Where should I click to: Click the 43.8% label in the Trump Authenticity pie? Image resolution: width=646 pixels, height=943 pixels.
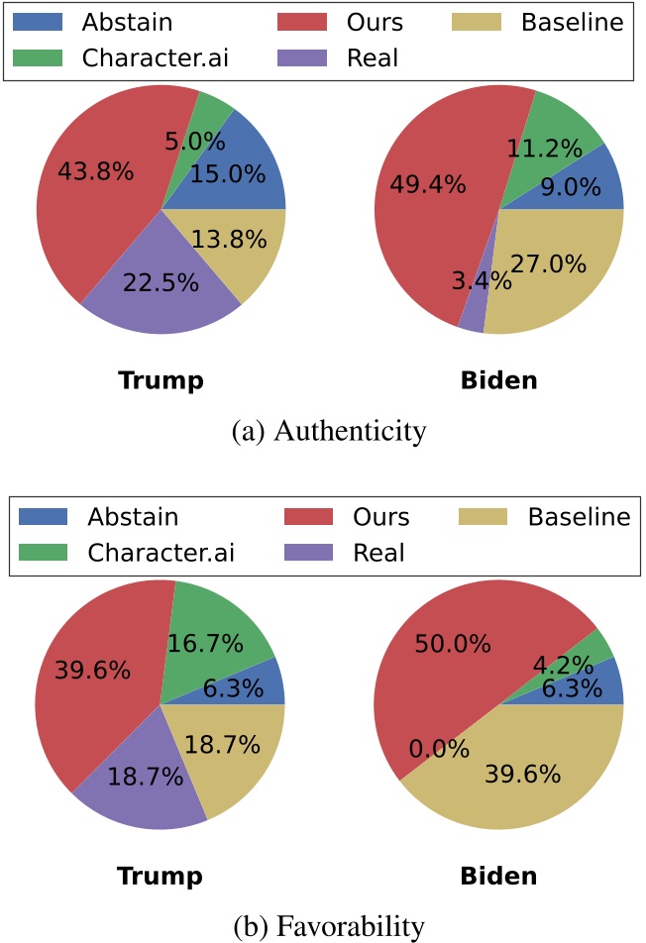coord(95,171)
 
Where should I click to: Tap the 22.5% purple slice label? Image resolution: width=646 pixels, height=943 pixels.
coord(161,282)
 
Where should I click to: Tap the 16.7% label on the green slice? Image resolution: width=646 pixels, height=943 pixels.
coord(205,644)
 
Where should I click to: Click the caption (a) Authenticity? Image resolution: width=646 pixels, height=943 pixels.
coord(329,431)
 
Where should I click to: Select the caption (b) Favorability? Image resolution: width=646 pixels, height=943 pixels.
coord(328,926)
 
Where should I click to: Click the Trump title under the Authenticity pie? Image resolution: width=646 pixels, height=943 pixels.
coord(160,380)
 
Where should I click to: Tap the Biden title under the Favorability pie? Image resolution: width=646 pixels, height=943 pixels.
coord(498,876)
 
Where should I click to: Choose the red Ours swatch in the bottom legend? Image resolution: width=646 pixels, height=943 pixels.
coord(310,517)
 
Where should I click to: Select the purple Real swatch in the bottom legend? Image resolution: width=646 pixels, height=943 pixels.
coord(310,552)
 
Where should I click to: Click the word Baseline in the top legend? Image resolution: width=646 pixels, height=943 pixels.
coord(573,22)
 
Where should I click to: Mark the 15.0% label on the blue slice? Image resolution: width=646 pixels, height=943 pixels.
coord(228,174)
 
